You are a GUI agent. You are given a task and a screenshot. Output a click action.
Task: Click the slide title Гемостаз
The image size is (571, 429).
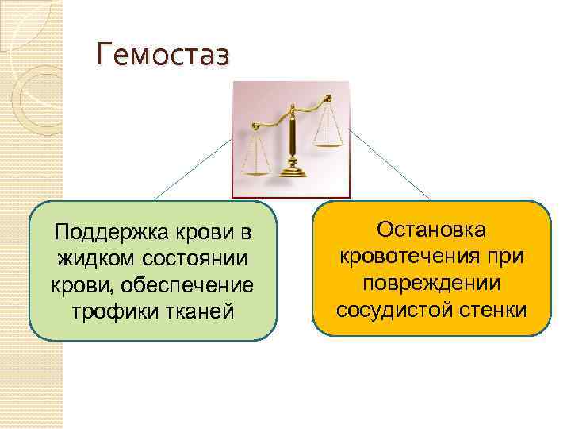pyautogui.click(x=162, y=56)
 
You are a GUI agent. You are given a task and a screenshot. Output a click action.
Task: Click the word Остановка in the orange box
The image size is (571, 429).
pyautogui.click(x=432, y=230)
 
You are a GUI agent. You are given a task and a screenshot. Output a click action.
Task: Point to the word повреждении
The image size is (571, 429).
pyautogui.click(x=431, y=282)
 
